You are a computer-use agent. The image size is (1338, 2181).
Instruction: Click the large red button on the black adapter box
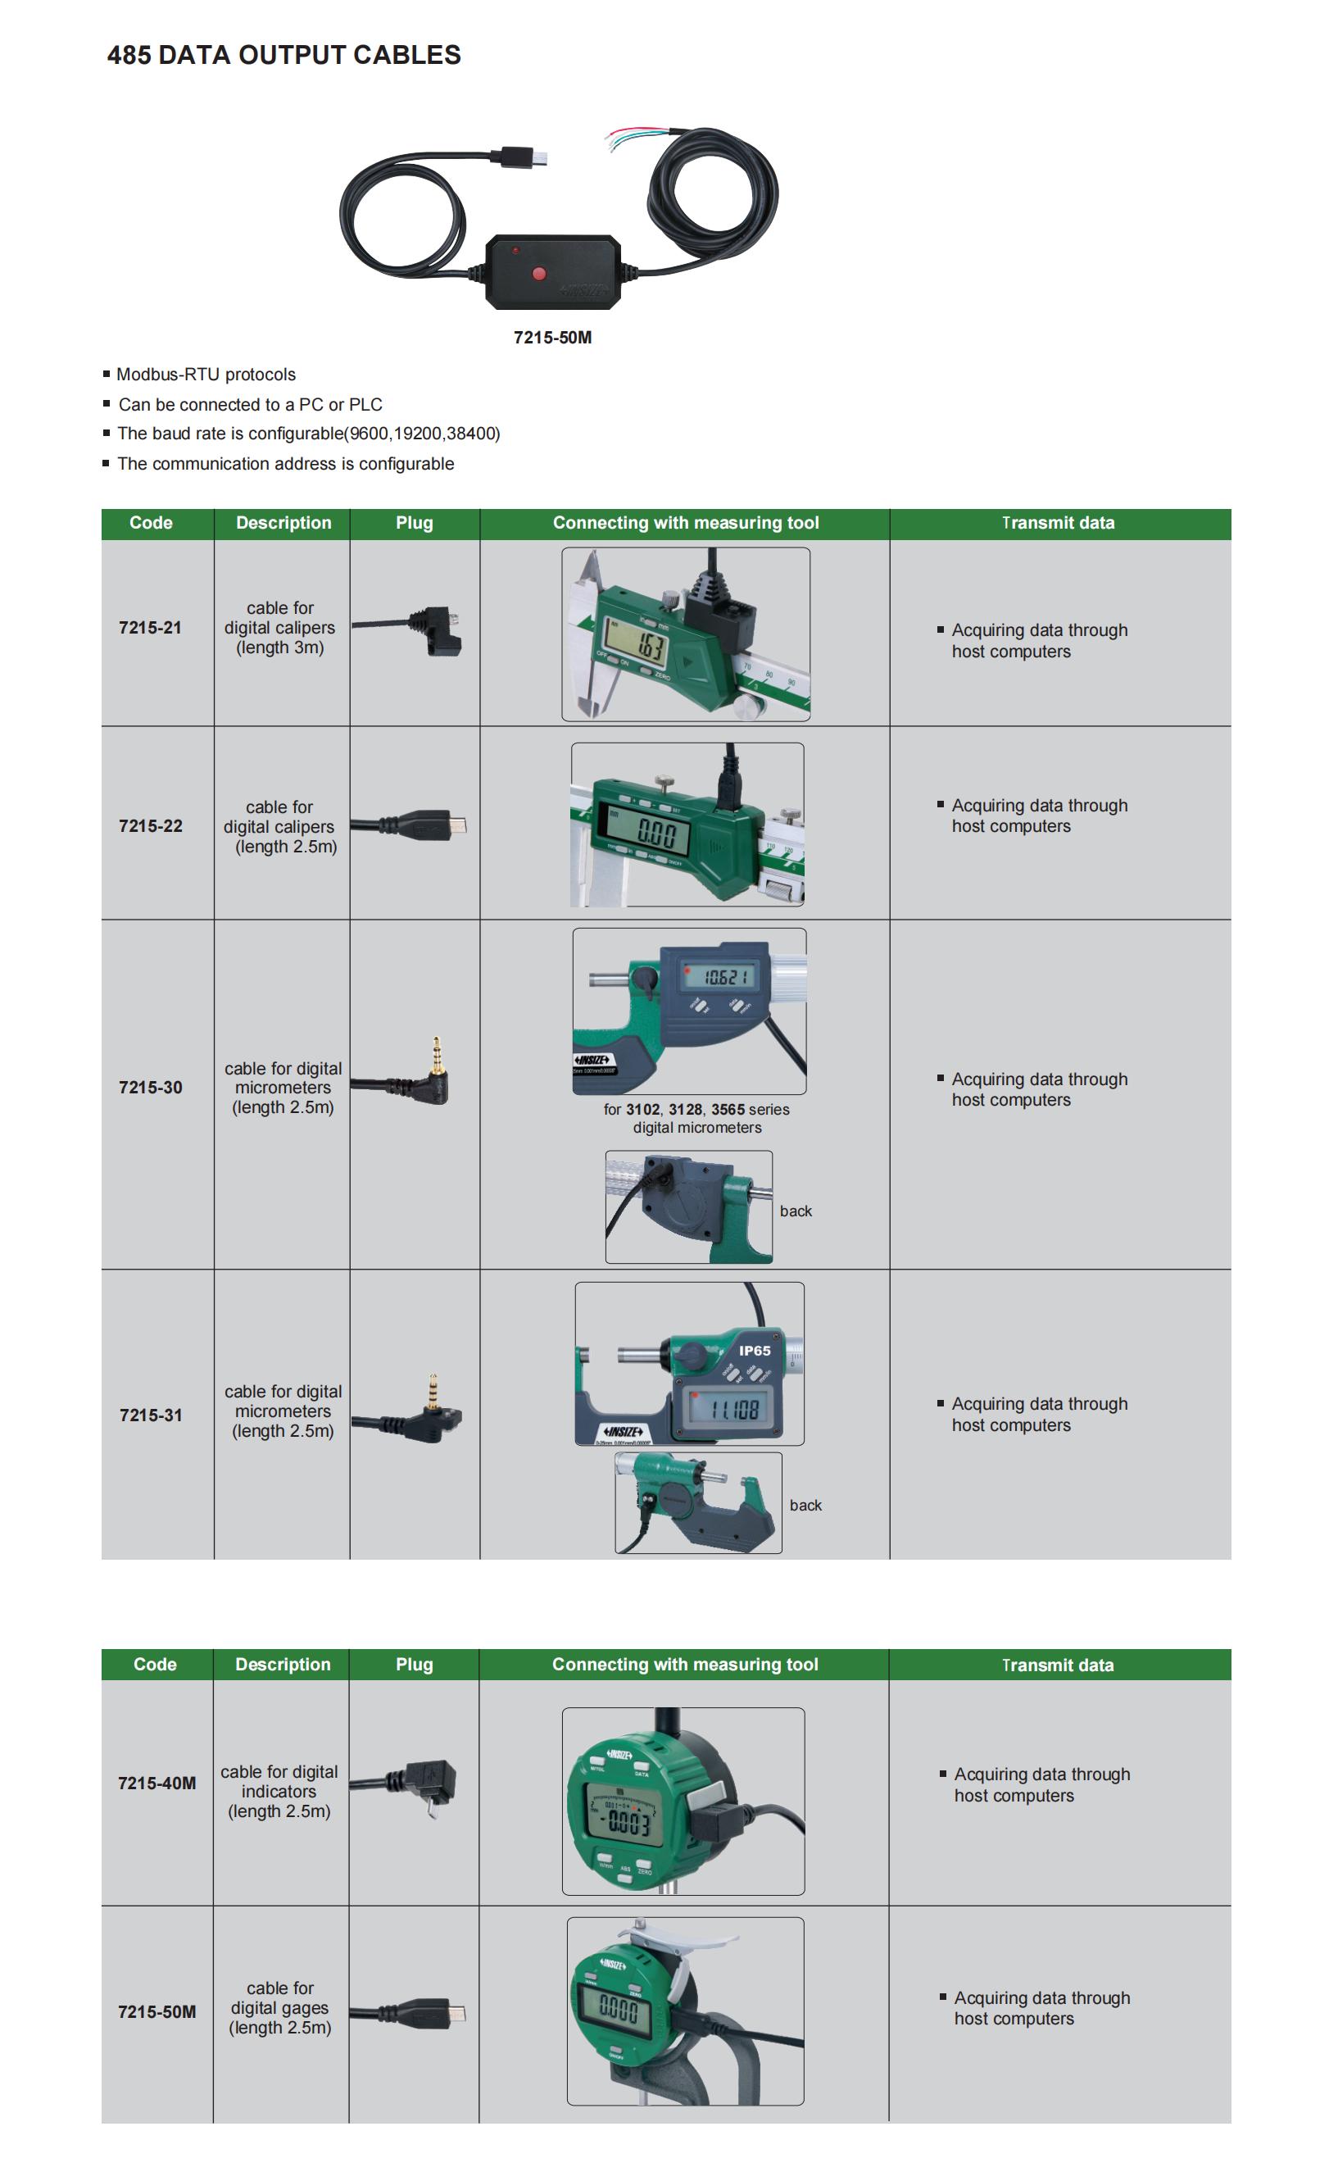point(539,273)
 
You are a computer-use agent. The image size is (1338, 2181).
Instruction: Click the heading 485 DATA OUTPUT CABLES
point(283,55)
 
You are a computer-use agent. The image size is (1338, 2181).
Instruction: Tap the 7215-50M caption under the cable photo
point(552,337)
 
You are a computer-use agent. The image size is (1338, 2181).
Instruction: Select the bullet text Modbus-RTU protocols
point(206,375)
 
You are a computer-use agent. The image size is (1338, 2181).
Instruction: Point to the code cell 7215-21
point(151,628)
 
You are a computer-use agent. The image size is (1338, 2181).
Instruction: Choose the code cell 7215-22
point(151,826)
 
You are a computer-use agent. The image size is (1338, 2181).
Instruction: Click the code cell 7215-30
point(151,1087)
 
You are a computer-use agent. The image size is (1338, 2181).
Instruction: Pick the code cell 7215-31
point(151,1415)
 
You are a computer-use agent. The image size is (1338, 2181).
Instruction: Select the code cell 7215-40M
point(156,1783)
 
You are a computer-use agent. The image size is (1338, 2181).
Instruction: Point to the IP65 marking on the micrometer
point(755,1351)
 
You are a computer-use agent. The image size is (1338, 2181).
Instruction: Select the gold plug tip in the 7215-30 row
point(436,1052)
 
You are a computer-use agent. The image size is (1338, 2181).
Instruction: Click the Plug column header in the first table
point(414,523)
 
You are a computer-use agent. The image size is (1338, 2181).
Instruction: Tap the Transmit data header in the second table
point(1058,1665)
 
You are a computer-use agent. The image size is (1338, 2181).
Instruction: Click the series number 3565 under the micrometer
point(728,1109)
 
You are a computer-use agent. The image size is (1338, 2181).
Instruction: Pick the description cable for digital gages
point(279,2007)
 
